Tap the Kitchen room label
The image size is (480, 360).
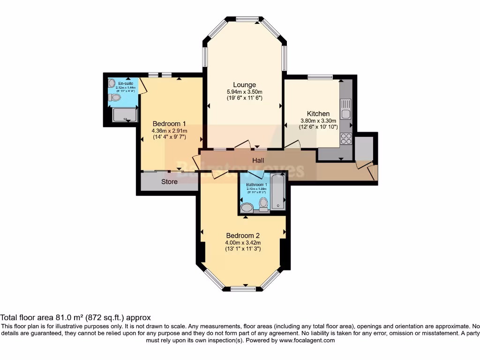[x=318, y=113]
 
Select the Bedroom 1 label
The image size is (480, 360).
[x=169, y=124]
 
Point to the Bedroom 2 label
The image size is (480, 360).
[x=243, y=235]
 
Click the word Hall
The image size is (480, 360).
[x=258, y=161]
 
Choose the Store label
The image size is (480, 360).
[x=169, y=181]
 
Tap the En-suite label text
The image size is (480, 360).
[x=125, y=83]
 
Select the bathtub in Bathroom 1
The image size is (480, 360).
[x=278, y=192]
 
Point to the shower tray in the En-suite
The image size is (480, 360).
[x=126, y=114]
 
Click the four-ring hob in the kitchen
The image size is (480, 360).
[x=346, y=138]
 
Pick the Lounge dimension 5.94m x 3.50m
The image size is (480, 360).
[x=244, y=92]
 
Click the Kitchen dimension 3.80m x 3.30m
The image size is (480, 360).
[x=318, y=120]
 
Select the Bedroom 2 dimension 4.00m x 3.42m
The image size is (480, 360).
[x=243, y=242]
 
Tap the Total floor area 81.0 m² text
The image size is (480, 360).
[x=75, y=317]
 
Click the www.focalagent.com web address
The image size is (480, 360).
[x=307, y=341]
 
